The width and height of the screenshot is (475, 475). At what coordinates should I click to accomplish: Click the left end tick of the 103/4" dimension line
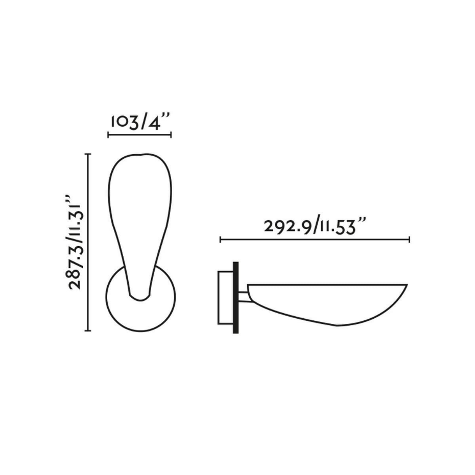tap(108, 135)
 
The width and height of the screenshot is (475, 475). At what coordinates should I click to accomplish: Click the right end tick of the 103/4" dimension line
tap(171, 135)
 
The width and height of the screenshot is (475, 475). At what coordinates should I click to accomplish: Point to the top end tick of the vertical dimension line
tap(88, 154)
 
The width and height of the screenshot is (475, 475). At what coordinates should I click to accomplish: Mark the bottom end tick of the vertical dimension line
tap(88, 330)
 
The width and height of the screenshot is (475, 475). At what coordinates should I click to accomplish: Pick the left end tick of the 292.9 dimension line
tap(220, 240)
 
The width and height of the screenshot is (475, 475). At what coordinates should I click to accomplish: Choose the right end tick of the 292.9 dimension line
tap(410, 240)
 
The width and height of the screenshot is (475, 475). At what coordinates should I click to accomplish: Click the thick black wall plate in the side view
tap(235, 297)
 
